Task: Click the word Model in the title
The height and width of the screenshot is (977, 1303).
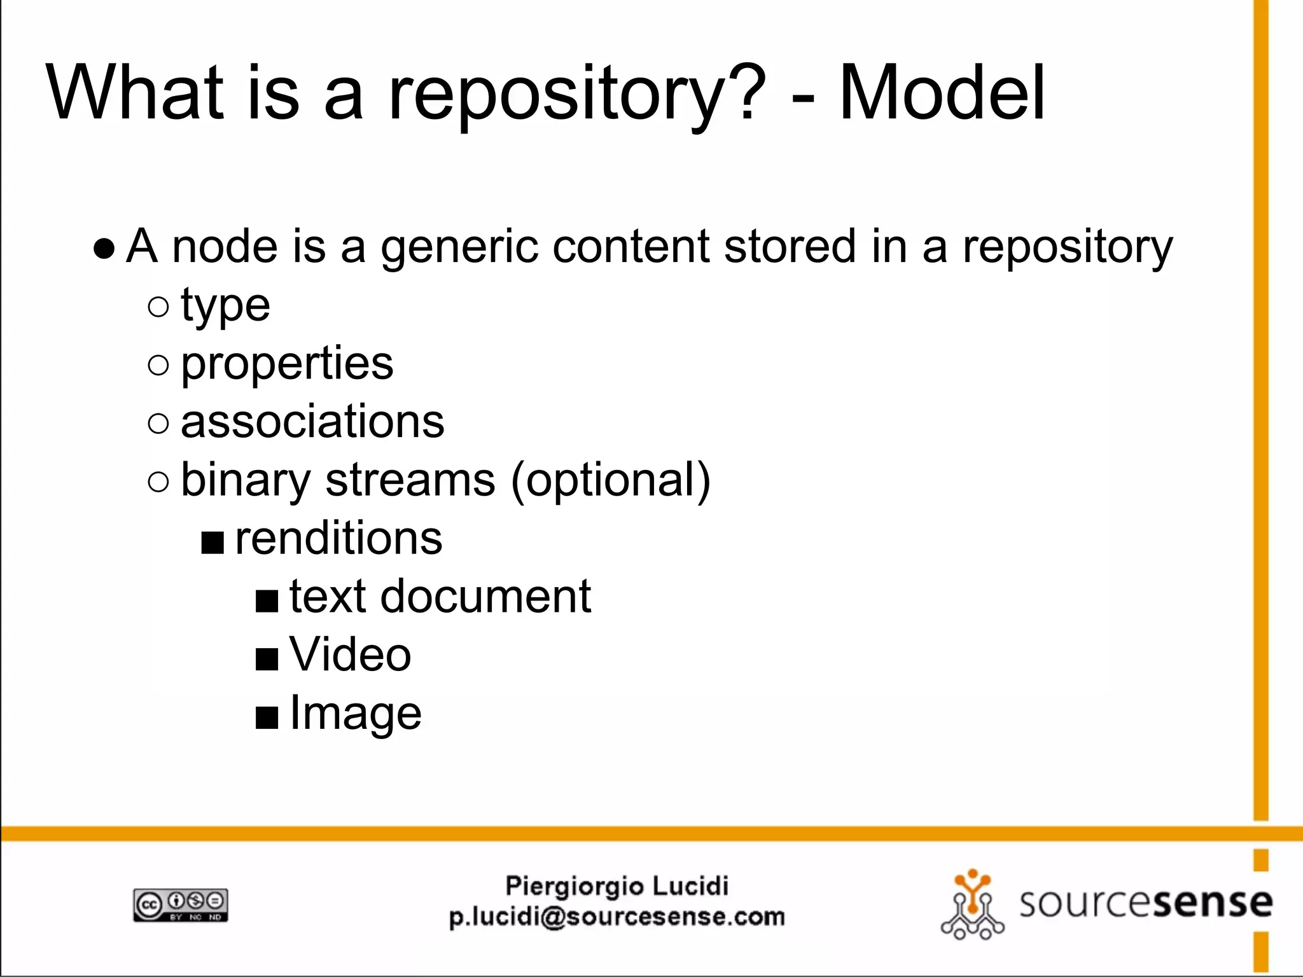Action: (x=942, y=94)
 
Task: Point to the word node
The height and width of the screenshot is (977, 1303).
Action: (x=225, y=247)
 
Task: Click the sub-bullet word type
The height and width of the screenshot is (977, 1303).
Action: (x=225, y=307)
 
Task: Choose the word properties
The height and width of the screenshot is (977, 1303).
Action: (x=287, y=364)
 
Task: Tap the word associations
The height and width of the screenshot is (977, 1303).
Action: (x=312, y=422)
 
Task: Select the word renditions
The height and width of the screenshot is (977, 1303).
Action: (x=338, y=539)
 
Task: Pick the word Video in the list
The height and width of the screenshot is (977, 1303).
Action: (x=350, y=655)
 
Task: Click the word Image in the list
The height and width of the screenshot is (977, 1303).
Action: (x=355, y=714)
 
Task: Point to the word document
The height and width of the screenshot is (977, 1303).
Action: (x=485, y=597)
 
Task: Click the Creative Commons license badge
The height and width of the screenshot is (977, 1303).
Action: (x=181, y=904)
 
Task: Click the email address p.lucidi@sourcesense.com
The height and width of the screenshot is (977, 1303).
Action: (x=617, y=917)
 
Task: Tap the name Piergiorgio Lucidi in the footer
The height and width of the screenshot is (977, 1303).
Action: (x=617, y=886)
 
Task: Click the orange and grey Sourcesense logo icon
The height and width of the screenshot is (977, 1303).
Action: (x=972, y=904)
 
